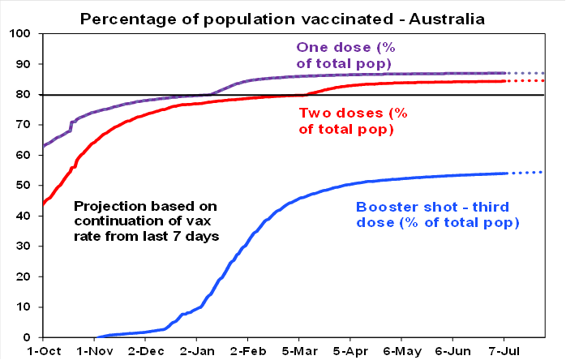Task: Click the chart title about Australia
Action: tap(282, 17)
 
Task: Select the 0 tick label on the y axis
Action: tap(27, 337)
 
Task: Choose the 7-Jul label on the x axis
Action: tap(504, 350)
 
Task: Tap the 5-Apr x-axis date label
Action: tap(349, 350)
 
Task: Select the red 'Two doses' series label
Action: tap(347, 121)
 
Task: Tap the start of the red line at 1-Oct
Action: tap(41, 203)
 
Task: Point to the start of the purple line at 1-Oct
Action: tap(41, 146)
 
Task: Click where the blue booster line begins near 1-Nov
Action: tap(96, 336)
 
